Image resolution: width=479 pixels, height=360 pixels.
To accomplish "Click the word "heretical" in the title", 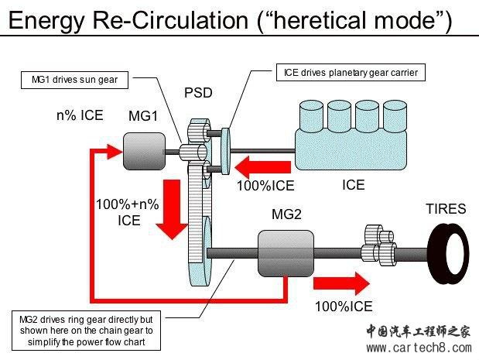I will (313, 19).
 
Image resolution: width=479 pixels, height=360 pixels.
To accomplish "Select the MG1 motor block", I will (143, 150).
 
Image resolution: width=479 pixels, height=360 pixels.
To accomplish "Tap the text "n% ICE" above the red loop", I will (79, 116).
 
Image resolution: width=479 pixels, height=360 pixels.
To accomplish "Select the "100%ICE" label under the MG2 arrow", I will (343, 306).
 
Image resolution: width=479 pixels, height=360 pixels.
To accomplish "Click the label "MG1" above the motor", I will (143, 116).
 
